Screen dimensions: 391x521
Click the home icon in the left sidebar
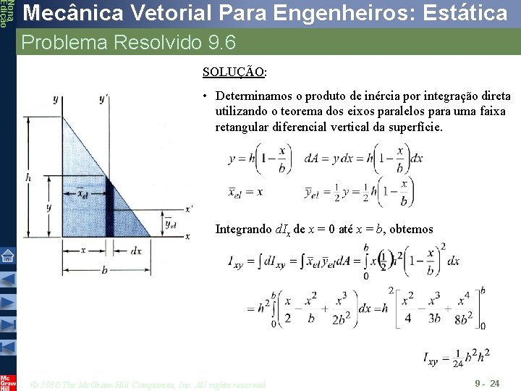click(x=8, y=255)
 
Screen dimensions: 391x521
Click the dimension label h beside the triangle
click(x=27, y=177)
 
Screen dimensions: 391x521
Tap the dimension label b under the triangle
click(x=104, y=270)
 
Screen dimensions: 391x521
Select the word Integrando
click(x=244, y=230)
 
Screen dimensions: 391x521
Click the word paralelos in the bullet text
click(x=413, y=112)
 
